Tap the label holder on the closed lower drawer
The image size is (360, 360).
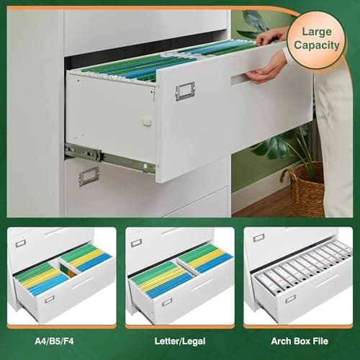pos(89,176)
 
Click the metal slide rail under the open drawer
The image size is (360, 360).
pos(108,158)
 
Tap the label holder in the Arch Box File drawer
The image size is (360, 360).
pos(290,298)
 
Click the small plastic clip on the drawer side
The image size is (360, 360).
pos(147,121)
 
